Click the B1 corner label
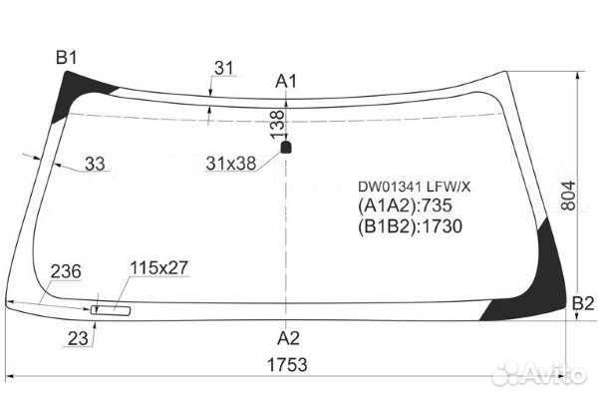[67, 57]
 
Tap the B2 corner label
[583, 303]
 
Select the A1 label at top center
[286, 82]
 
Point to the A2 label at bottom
[288, 338]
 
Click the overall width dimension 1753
[287, 365]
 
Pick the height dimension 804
[568, 196]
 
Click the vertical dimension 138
[278, 124]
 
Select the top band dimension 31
[224, 69]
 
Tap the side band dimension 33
[95, 164]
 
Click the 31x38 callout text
[231, 164]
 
